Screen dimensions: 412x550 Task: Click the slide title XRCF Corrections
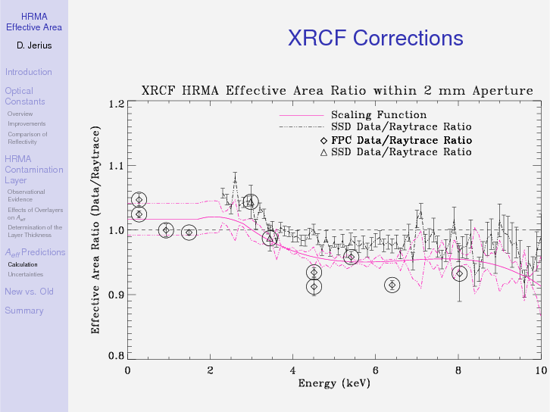[375, 38]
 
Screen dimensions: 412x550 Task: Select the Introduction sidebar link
[28, 72]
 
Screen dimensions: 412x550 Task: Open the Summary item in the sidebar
[24, 311]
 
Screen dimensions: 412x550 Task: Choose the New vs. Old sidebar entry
[29, 292]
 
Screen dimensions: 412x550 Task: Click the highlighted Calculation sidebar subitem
[23, 264]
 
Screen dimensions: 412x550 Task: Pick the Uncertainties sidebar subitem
[26, 274]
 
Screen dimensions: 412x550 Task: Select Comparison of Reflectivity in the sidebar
[27, 138]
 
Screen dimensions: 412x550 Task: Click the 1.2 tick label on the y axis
[116, 104]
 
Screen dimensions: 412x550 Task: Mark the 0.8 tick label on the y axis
[116, 355]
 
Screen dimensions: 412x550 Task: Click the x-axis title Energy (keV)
[333, 383]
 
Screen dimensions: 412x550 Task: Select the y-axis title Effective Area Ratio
[96, 229]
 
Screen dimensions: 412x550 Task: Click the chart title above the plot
[337, 91]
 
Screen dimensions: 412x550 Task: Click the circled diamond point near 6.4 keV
[392, 285]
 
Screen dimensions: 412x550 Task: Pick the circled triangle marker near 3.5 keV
[270, 239]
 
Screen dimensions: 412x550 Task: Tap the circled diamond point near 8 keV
[459, 273]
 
